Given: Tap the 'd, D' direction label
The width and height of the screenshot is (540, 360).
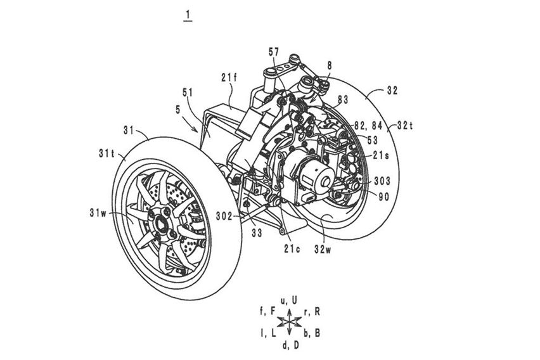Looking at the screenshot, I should (291, 345).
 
